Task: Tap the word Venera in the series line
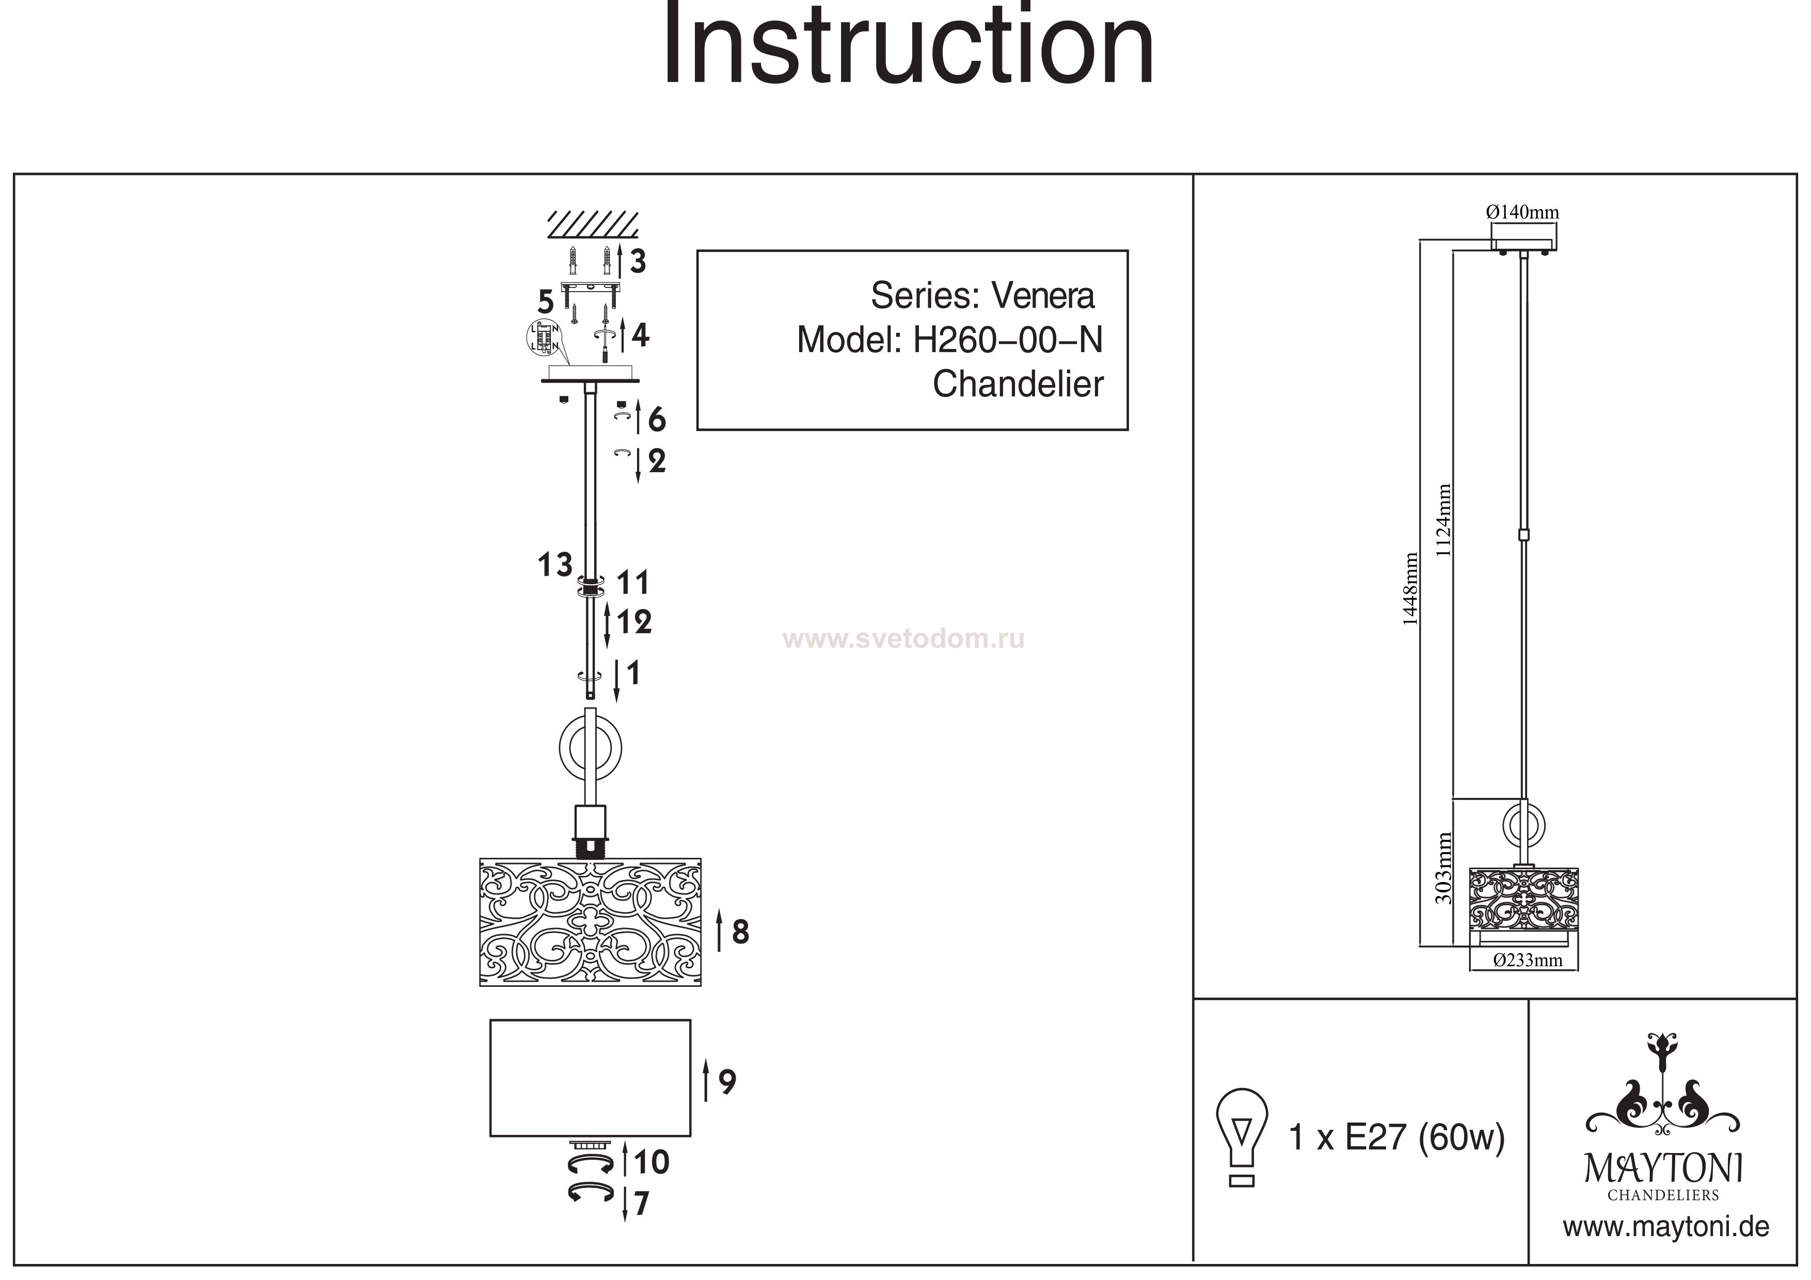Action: (x=1043, y=296)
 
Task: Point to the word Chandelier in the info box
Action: (x=1018, y=384)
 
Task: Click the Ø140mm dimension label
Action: (x=1522, y=212)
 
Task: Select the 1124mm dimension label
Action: (x=1443, y=521)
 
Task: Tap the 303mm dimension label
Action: (x=1443, y=868)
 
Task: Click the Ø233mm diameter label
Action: (x=1528, y=960)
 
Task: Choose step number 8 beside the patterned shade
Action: (x=740, y=932)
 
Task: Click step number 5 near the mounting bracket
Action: (x=546, y=302)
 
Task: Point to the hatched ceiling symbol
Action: (x=593, y=225)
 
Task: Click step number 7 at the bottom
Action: (x=641, y=1204)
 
